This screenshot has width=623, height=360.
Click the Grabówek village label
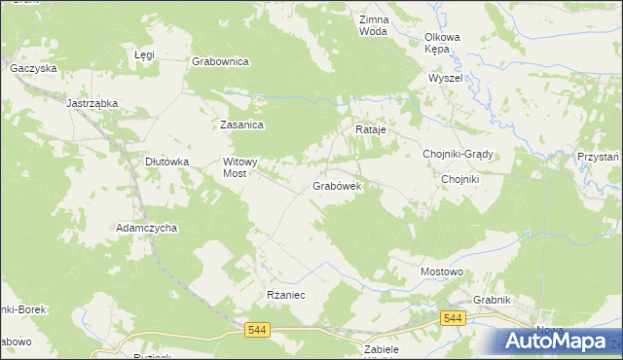[x=337, y=185]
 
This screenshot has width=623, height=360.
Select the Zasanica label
[x=242, y=125]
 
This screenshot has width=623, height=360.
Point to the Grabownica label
[x=221, y=61]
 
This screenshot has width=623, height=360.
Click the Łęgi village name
[x=144, y=55]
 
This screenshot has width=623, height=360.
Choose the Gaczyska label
[x=33, y=69]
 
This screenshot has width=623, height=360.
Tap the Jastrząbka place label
[x=92, y=102]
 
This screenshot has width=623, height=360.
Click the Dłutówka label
[x=165, y=162]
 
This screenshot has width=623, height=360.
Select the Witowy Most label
[x=239, y=167]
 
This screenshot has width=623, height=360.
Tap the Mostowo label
[x=440, y=271]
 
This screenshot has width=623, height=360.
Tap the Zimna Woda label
[x=374, y=25]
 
